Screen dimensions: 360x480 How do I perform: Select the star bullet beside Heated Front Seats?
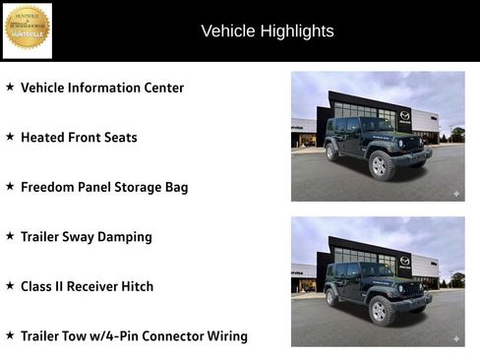click(x=10, y=137)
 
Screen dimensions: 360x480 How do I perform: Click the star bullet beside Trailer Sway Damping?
click(x=10, y=236)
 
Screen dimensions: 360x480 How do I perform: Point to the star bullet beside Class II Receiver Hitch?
click(x=10, y=286)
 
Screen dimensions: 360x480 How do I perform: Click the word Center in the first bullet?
click(x=160, y=88)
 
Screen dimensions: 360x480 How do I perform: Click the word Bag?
click(x=175, y=188)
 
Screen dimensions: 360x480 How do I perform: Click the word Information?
click(x=103, y=88)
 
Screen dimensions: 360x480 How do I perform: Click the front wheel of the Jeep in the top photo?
click(x=379, y=165)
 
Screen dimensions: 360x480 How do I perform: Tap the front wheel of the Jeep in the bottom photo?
click(x=379, y=310)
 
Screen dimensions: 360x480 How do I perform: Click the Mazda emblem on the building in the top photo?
click(x=404, y=115)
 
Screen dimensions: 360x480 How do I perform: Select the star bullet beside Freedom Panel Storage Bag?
click(x=10, y=186)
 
